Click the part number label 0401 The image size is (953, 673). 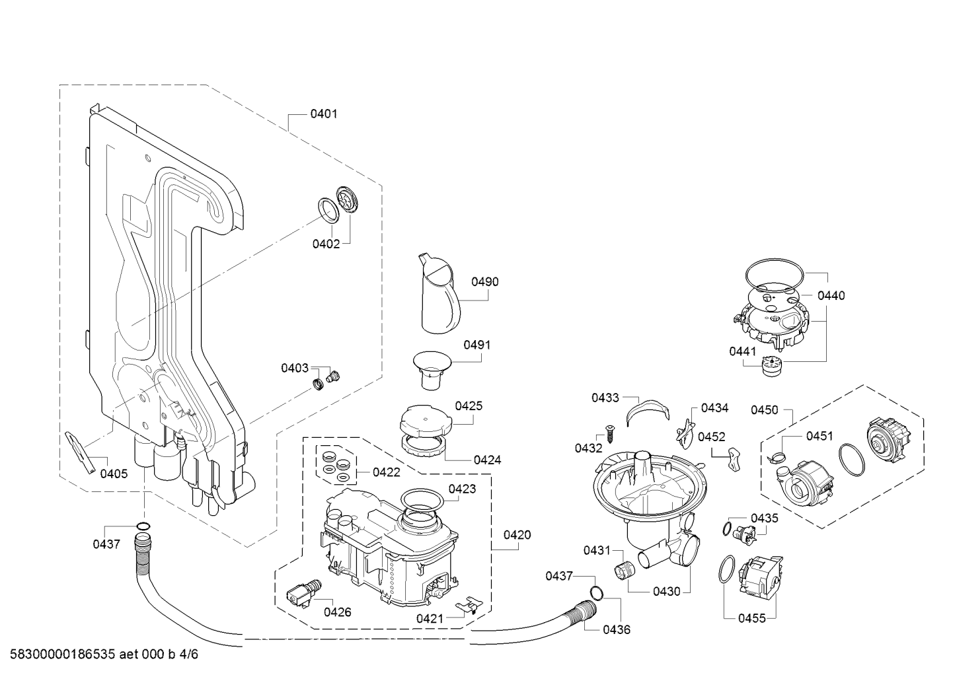coord(324,114)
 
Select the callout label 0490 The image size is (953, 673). coord(485,282)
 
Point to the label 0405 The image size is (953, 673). coord(114,474)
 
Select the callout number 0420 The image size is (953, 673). coord(517,535)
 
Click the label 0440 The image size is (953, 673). coord(831,296)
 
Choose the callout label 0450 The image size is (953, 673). coord(764,410)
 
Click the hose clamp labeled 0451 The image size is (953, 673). coord(778,454)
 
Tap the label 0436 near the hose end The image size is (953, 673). coord(617,629)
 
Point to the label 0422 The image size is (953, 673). coord(386,472)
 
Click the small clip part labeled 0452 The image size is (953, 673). coord(732,458)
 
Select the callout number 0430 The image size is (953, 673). coord(666,592)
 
